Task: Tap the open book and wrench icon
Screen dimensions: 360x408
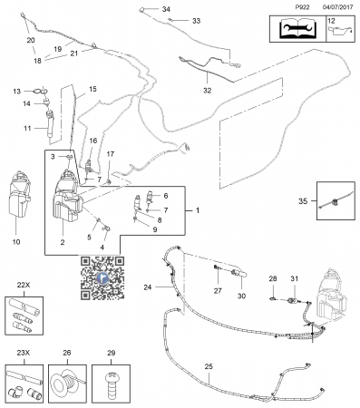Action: coord(298,29)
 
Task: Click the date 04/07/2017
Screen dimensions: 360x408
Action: coord(337,7)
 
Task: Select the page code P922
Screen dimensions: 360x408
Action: coord(302,7)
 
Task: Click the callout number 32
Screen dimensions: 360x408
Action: coord(208,91)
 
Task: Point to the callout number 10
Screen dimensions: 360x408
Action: coord(16,242)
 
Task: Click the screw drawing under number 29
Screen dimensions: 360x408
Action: coord(112,385)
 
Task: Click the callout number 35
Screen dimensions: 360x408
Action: coord(303,201)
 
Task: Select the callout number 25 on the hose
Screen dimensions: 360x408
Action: coord(209,366)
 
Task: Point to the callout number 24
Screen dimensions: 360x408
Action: coord(148,287)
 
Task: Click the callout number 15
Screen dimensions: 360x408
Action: coord(92,89)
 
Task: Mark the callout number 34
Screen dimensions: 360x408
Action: coord(166,9)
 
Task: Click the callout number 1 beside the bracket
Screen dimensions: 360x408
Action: coord(198,210)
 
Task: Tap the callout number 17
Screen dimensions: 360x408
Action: coord(111,154)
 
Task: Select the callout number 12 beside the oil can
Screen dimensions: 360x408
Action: coord(331,21)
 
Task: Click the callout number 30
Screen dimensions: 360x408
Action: coord(241,296)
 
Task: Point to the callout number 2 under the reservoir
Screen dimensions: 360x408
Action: coord(63,242)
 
